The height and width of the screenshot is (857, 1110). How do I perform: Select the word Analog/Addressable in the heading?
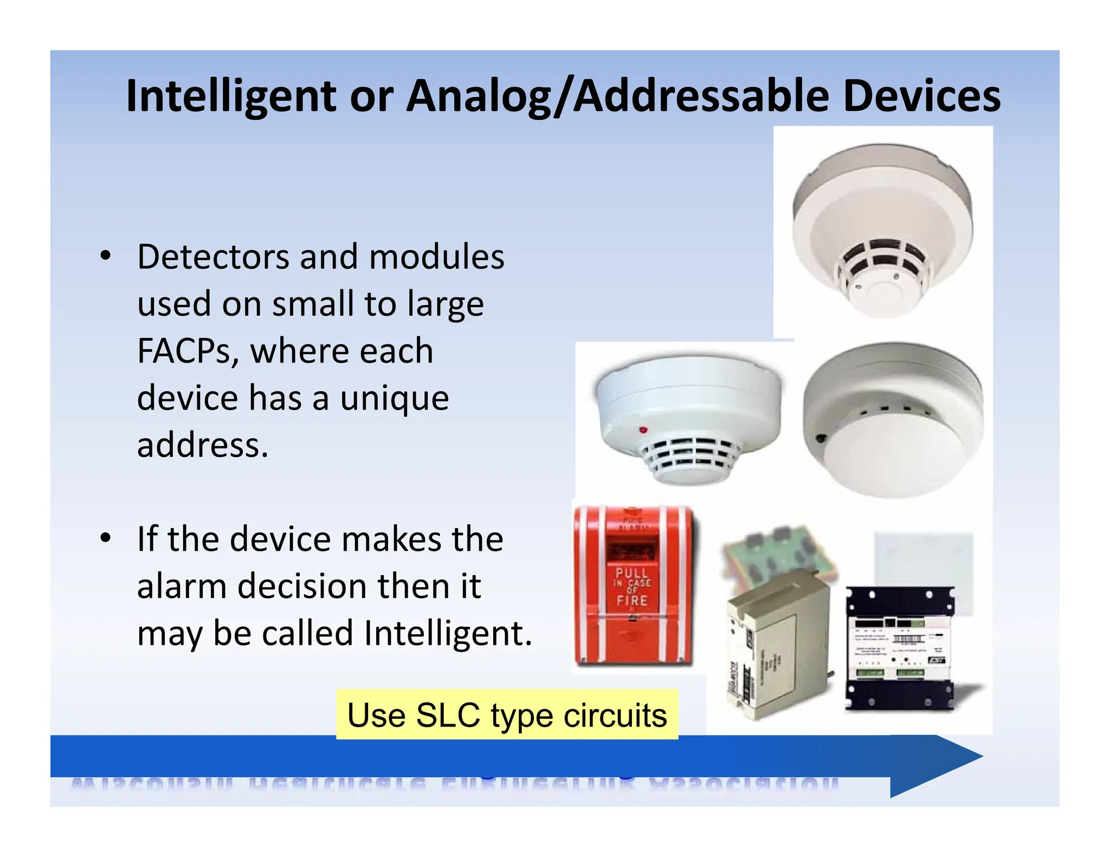618,96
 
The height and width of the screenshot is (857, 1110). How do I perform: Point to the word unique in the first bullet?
395,398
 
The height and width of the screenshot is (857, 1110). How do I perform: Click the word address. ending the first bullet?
203,445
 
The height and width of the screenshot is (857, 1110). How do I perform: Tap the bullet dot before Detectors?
106,256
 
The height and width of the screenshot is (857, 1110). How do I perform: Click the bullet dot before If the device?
106,538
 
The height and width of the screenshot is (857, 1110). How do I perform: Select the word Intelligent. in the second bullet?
448,633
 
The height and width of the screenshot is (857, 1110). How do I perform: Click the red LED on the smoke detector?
643,430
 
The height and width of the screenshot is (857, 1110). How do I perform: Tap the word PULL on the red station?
631,572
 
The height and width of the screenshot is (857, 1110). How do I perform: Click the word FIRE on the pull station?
632,600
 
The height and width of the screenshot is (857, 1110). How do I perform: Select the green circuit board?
778,555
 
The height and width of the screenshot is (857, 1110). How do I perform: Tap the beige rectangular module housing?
778,647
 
